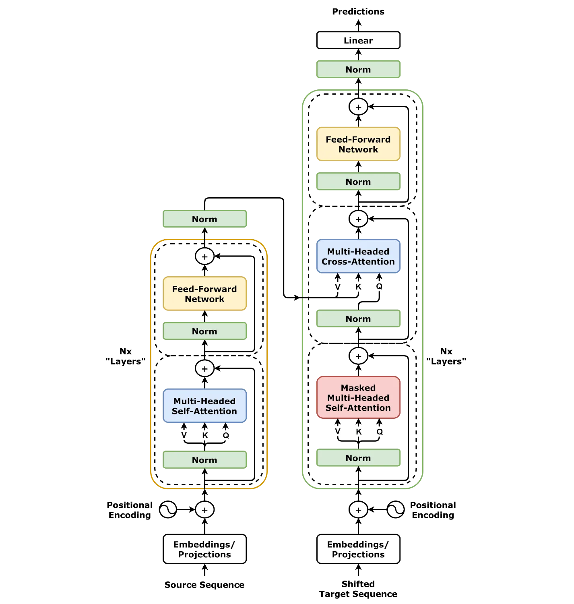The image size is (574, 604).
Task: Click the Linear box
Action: point(358,40)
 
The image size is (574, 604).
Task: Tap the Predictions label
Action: point(358,12)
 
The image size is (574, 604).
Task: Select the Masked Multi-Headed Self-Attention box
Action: point(358,397)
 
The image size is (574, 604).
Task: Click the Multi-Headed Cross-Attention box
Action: point(358,256)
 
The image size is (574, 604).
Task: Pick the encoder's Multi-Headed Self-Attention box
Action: point(204,405)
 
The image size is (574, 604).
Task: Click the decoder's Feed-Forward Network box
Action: point(358,144)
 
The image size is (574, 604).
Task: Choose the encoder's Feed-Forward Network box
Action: point(204,294)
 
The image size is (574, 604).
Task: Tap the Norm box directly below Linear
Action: point(358,69)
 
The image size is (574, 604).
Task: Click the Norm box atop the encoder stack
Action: point(204,219)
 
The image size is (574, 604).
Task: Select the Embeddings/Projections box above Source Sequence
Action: point(204,549)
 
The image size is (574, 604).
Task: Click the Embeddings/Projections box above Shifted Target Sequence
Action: point(358,549)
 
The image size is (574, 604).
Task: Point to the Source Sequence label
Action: point(204,584)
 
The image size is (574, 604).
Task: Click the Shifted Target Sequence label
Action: point(358,589)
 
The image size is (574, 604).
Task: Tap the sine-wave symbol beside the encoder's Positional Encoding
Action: point(168,510)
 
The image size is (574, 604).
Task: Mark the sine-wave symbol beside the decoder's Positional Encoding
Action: point(395,510)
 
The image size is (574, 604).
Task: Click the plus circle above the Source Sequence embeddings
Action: point(204,510)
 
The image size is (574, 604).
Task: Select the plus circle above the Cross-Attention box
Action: point(358,219)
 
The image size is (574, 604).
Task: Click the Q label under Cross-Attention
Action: point(379,286)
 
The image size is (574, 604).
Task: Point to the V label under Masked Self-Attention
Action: point(338,431)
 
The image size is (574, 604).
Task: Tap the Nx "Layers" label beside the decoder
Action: point(446,356)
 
